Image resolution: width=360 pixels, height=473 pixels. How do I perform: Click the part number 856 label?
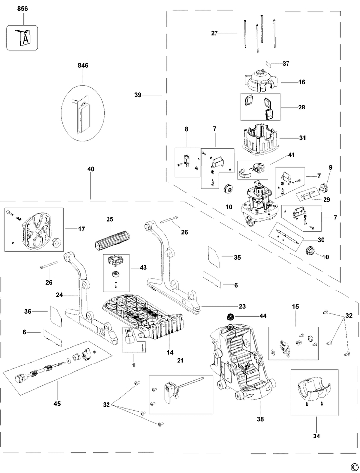22,9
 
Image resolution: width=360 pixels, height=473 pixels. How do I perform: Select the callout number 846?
83,65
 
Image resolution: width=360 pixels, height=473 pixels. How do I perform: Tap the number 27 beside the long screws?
215,33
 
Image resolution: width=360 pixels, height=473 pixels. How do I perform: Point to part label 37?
286,63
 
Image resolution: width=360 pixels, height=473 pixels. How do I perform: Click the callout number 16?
302,83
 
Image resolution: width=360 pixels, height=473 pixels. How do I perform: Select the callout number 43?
144,267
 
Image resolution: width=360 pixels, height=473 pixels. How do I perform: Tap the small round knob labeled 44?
230,316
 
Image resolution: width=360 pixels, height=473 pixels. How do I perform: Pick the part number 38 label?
260,419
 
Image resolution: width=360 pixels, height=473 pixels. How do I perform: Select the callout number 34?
316,436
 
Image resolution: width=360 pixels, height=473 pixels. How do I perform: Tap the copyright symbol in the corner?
354,466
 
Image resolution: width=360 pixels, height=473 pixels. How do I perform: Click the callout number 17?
82,228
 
